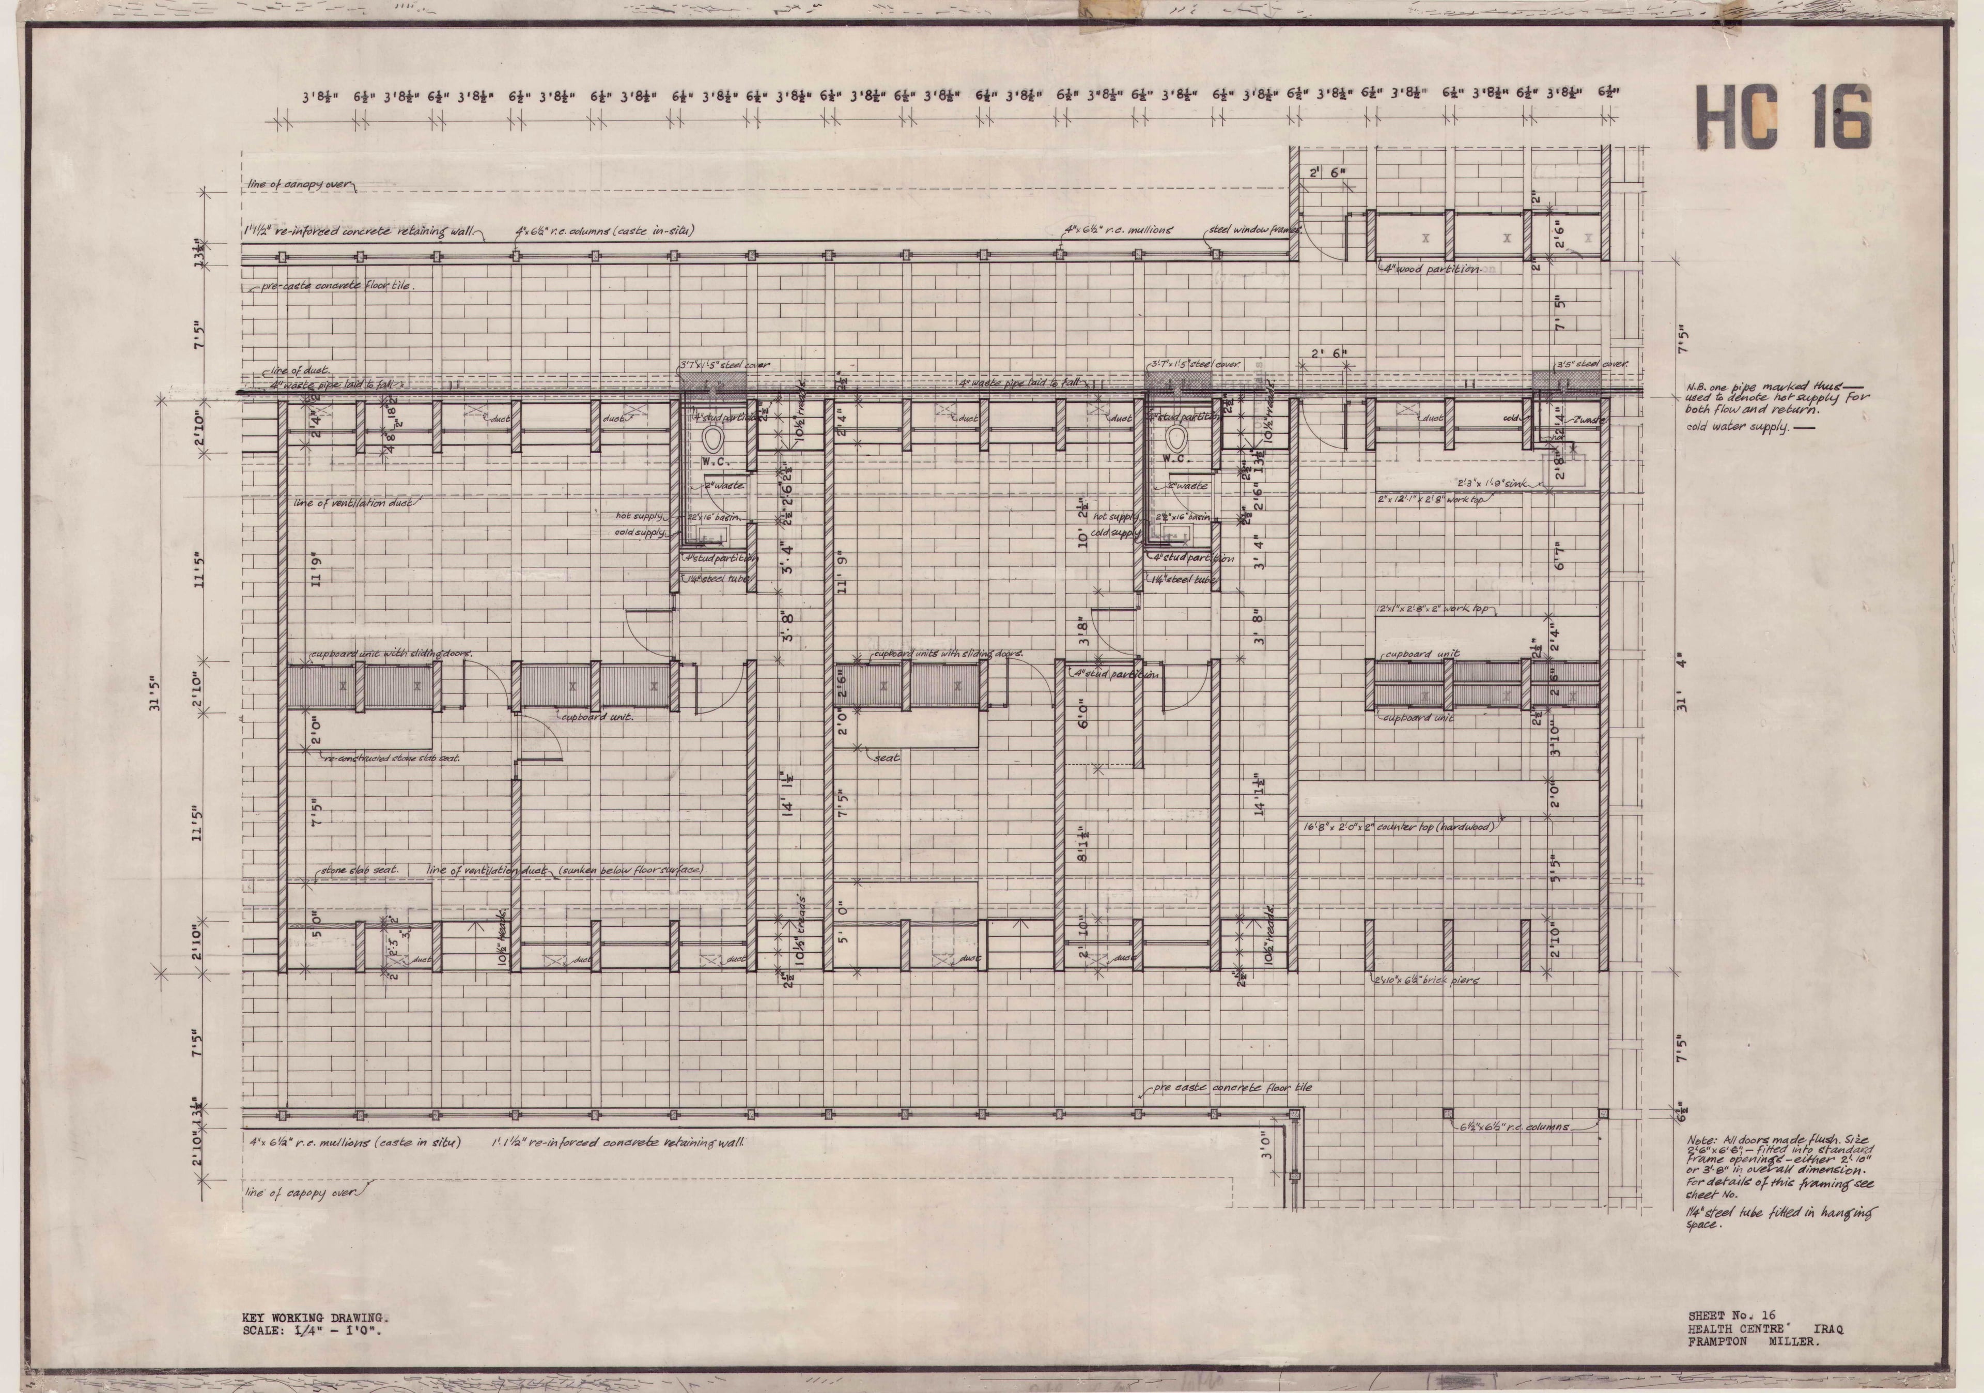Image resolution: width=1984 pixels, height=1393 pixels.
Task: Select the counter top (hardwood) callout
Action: [1399, 827]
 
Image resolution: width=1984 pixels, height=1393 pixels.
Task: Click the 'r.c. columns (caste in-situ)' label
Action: [605, 231]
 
